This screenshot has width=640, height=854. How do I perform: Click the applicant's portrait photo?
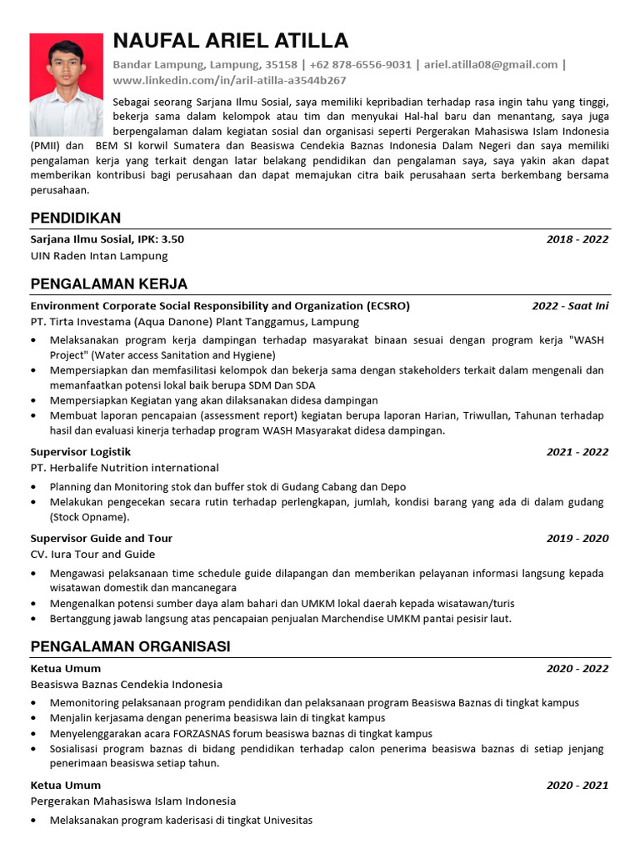(x=67, y=85)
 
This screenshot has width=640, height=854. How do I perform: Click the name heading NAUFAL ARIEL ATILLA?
(x=231, y=41)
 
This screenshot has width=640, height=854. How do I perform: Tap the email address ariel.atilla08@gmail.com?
(x=491, y=64)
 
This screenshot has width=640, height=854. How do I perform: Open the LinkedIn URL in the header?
(x=229, y=80)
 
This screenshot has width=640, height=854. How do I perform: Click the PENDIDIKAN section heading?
(x=76, y=219)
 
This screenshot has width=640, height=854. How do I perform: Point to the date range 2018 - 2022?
(x=577, y=239)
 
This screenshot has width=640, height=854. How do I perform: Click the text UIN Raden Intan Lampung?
(x=99, y=255)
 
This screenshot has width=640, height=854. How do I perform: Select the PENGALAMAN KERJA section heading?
(x=109, y=284)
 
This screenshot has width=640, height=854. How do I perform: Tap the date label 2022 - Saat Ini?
(x=571, y=306)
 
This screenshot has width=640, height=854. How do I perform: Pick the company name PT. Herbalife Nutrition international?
(x=125, y=468)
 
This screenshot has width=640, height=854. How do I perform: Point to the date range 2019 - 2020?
(x=577, y=539)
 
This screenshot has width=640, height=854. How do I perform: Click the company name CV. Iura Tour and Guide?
(x=93, y=555)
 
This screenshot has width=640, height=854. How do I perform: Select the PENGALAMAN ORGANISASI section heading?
(x=131, y=647)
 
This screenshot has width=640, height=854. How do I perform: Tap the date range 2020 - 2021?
(x=577, y=785)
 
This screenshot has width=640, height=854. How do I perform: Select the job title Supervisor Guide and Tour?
(x=102, y=539)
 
